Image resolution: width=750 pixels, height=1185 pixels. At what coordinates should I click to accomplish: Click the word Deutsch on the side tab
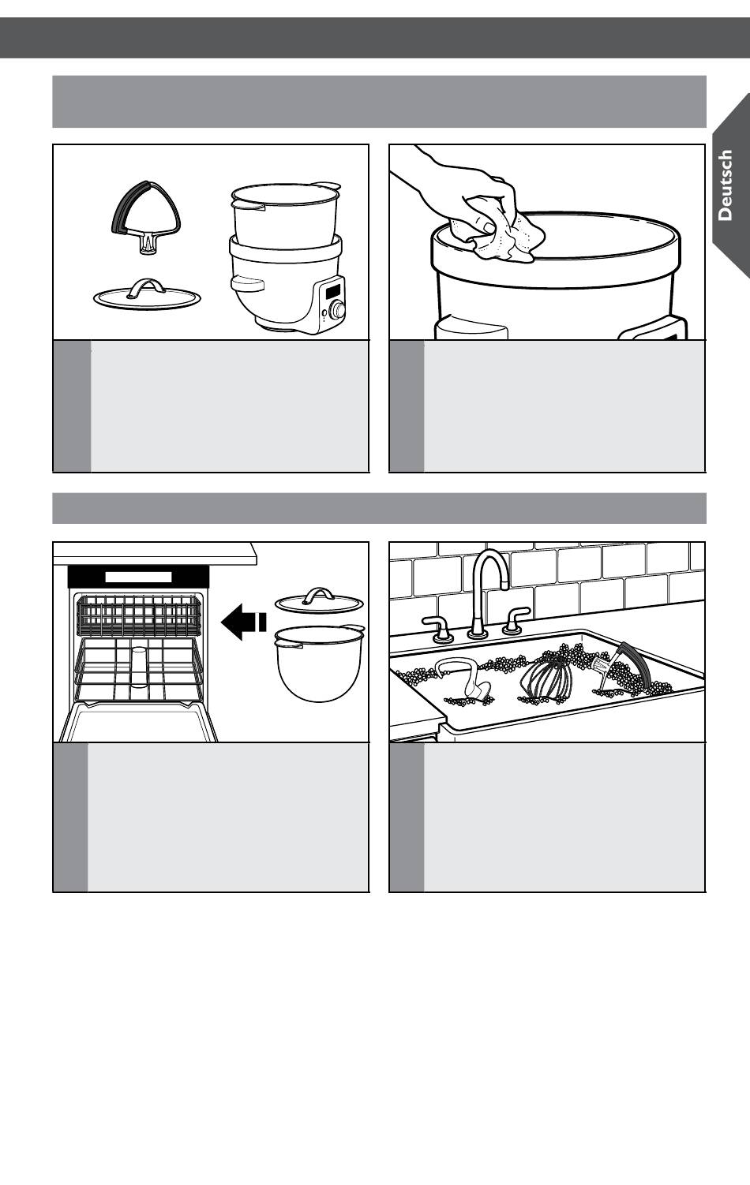(x=725, y=185)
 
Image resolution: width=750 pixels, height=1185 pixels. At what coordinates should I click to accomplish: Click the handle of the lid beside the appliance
(x=147, y=286)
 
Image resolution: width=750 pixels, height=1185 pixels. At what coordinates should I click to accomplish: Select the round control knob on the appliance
(x=336, y=309)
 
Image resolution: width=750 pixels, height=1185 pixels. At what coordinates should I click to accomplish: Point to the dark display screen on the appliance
(x=333, y=291)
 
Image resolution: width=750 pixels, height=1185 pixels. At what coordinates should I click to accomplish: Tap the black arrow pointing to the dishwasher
(x=243, y=622)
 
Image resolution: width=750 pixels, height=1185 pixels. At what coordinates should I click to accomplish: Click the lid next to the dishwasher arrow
(x=319, y=601)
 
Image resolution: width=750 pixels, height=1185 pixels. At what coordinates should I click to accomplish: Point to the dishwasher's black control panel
(x=138, y=576)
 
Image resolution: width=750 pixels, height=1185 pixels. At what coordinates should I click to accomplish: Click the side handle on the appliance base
(x=247, y=283)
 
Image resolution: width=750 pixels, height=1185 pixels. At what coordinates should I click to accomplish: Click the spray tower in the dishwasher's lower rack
(x=139, y=667)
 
